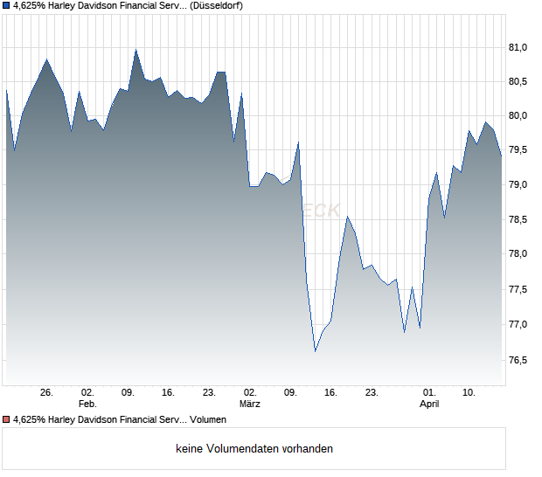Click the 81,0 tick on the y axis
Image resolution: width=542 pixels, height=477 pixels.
tap(521, 47)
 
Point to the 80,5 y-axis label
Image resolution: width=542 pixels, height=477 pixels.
tap(521, 81)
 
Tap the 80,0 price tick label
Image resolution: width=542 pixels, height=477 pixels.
tap(521, 116)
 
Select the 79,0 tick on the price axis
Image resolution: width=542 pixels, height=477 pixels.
tap(521, 185)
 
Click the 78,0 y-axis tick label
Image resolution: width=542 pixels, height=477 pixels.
tap(521, 254)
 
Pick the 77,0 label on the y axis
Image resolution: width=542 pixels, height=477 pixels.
tap(521, 324)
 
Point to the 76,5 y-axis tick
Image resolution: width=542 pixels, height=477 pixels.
tap(521, 359)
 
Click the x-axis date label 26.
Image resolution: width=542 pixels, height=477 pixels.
tap(47, 393)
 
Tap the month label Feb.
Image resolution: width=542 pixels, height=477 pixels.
tap(87, 404)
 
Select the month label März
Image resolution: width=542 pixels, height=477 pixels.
tap(250, 404)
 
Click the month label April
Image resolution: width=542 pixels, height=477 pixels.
tap(429, 404)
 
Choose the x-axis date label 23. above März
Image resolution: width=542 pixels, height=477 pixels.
tap(209, 393)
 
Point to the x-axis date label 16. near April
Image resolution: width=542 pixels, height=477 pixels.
tap(330, 393)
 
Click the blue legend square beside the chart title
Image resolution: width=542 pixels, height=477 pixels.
tap(6, 5)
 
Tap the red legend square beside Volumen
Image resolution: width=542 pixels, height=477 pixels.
tap(6, 420)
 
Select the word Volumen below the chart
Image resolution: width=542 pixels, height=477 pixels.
tap(208, 420)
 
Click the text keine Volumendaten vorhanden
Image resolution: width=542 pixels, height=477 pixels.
tap(254, 449)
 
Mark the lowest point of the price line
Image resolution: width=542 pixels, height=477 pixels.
tap(315, 351)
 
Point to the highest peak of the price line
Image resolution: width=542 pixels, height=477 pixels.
tap(135, 50)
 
